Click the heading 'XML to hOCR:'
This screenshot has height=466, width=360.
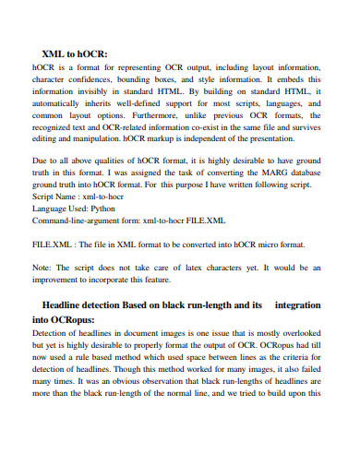tap(75, 54)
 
